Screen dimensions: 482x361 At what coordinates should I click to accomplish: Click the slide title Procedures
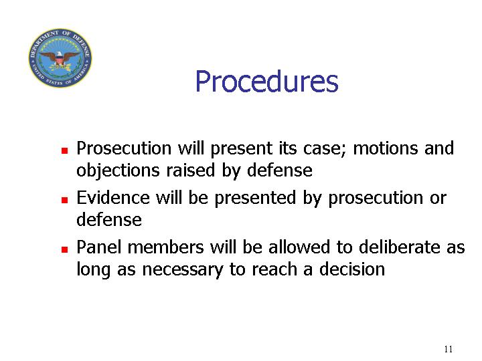click(x=266, y=82)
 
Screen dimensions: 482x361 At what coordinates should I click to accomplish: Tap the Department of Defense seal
click(x=60, y=57)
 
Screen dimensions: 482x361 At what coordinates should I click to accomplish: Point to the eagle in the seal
click(x=60, y=58)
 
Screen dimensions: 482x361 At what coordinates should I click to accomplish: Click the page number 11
click(x=448, y=349)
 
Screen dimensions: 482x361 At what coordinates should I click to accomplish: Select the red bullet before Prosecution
click(x=64, y=150)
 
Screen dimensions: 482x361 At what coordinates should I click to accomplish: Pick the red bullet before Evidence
click(x=64, y=200)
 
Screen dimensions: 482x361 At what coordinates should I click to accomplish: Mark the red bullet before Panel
click(x=64, y=249)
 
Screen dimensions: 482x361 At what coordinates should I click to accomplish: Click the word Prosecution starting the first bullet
click(x=124, y=148)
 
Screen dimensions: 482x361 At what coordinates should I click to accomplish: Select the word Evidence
click(x=113, y=198)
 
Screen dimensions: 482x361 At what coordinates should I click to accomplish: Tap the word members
click(x=166, y=247)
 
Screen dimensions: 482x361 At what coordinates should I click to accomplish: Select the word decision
click(x=351, y=269)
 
